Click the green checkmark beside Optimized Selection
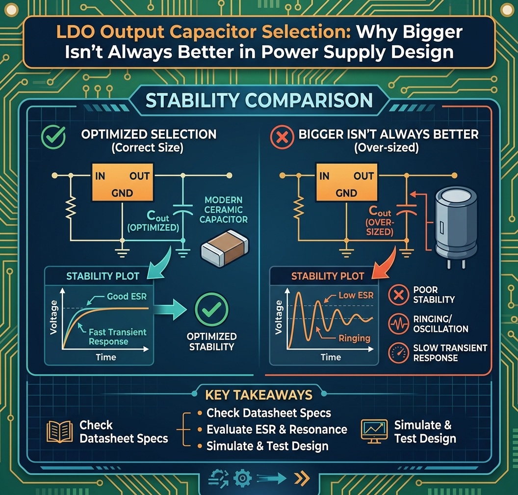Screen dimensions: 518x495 pyautogui.click(x=53, y=137)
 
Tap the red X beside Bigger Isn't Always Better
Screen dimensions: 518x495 pyautogui.click(x=282, y=137)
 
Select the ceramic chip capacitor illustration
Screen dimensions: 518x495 pyautogui.click(x=225, y=248)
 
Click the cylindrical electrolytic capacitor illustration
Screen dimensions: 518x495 pyautogui.click(x=456, y=226)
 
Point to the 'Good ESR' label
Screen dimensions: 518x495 pyautogui.click(x=127, y=296)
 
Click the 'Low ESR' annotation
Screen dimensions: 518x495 pyautogui.click(x=356, y=295)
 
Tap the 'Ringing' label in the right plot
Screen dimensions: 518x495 pyautogui.click(x=355, y=338)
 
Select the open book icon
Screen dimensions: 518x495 pyautogui.click(x=60, y=432)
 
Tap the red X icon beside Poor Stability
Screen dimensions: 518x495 pyautogui.click(x=399, y=295)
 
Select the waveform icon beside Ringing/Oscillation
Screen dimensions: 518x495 pyautogui.click(x=399, y=324)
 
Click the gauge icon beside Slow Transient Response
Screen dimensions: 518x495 pyautogui.click(x=399, y=353)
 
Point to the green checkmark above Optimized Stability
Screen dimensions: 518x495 pyautogui.click(x=211, y=309)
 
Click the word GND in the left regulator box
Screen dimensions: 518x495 pyautogui.click(x=122, y=193)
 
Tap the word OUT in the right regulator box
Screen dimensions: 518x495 pyautogui.click(x=363, y=176)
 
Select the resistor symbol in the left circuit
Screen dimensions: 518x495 pyautogui.click(x=71, y=207)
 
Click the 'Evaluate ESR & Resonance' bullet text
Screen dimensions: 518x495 pyautogui.click(x=277, y=429)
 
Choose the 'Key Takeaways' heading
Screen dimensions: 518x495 pyautogui.click(x=259, y=395)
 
